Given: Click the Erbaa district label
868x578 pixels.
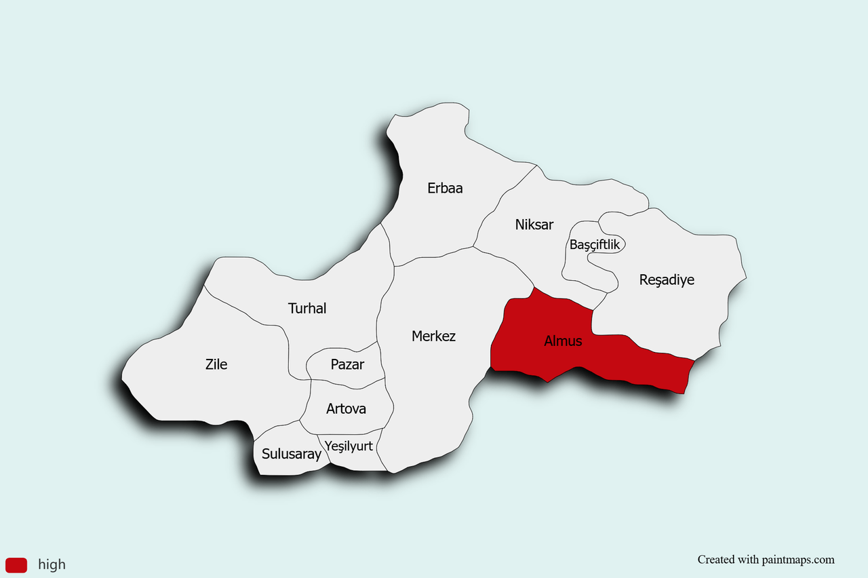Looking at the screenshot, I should click(x=445, y=188).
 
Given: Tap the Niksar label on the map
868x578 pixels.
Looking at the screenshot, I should click(x=534, y=225).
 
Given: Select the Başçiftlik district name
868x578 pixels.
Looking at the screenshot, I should click(x=595, y=245).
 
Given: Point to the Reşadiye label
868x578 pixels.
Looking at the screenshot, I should click(x=667, y=280).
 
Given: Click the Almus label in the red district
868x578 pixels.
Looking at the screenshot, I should click(x=563, y=341).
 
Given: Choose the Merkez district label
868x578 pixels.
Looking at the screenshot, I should click(x=433, y=336).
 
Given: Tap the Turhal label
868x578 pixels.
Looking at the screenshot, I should click(x=307, y=309).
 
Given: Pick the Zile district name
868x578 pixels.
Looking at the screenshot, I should click(x=216, y=364).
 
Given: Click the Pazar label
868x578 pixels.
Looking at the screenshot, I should click(x=347, y=364).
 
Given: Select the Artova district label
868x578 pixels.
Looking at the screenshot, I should click(x=346, y=408).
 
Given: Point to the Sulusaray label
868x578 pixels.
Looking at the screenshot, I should click(x=291, y=454).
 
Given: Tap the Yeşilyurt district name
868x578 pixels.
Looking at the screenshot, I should click(x=349, y=446).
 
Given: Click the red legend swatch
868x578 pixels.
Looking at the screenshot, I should click(x=16, y=564).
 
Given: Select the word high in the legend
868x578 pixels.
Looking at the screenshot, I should click(x=52, y=564).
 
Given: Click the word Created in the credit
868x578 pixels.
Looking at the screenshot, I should click(x=716, y=560).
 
